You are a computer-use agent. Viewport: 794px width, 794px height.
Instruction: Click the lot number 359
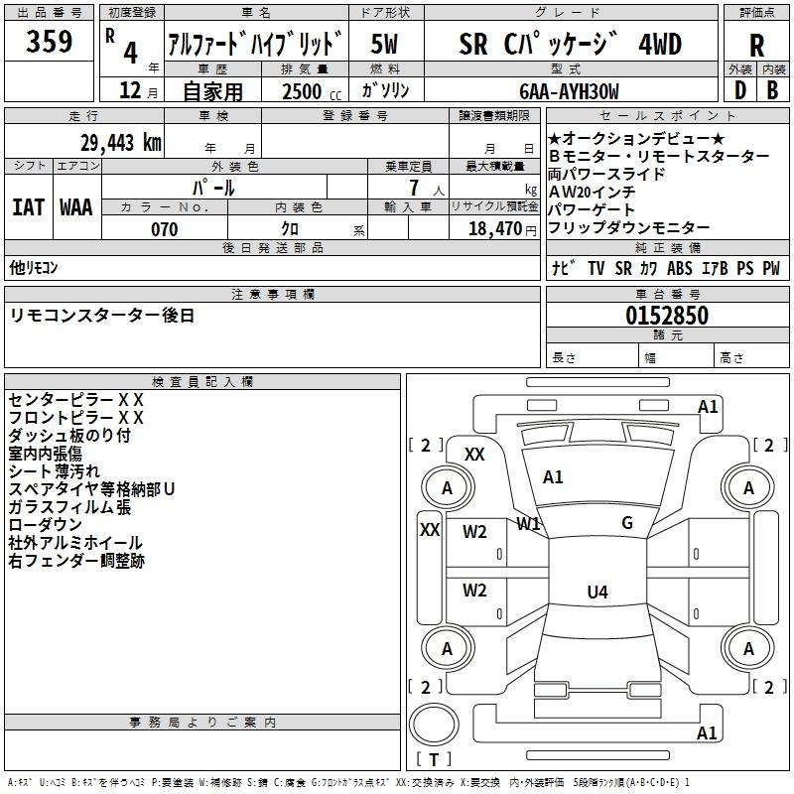pos(49,41)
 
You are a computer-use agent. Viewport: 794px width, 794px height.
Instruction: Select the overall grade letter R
pos(756,46)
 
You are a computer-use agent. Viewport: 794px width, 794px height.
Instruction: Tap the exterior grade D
pos(740,90)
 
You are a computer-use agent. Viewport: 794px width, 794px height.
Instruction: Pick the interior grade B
pos(772,90)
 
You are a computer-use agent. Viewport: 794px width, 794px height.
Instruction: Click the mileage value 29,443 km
pos(121,143)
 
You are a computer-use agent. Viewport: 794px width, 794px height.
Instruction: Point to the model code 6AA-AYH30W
pos(569,91)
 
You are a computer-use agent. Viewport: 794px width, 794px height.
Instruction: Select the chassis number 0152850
pos(667,316)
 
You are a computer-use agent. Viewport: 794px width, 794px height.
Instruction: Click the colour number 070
pos(165,229)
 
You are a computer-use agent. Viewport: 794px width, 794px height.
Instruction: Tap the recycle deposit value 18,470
pos(494,229)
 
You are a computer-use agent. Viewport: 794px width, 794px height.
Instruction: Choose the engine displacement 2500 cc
pos(312,91)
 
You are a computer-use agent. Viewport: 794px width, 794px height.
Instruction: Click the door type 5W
pos(384,44)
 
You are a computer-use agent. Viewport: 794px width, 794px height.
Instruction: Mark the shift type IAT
pos(28,207)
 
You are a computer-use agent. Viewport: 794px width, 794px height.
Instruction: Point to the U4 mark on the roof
pos(597,592)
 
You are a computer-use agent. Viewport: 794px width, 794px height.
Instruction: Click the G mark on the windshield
pos(627,523)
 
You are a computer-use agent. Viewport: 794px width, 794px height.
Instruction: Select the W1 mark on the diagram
pos(528,524)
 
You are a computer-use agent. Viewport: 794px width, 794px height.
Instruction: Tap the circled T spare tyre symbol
pos(434,726)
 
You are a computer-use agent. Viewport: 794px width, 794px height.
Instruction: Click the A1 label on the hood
pos(553,477)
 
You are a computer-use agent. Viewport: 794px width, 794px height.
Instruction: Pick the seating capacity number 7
pos(414,188)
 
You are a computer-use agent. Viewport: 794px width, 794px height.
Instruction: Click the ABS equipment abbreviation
pos(680,268)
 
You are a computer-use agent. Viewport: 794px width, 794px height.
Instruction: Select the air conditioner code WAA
pos(76,207)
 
